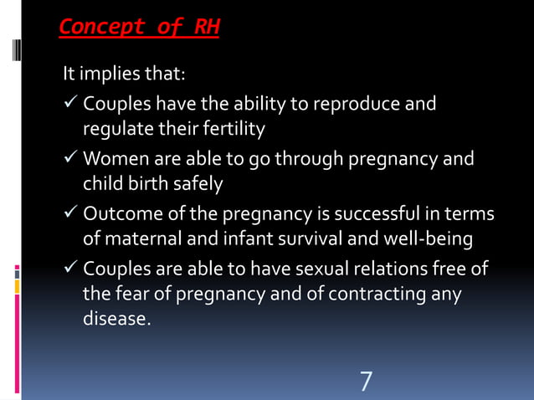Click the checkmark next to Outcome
coord(69,215)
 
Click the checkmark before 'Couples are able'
coord(69,269)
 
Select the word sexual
coord(310,269)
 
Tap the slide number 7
coord(366,381)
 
